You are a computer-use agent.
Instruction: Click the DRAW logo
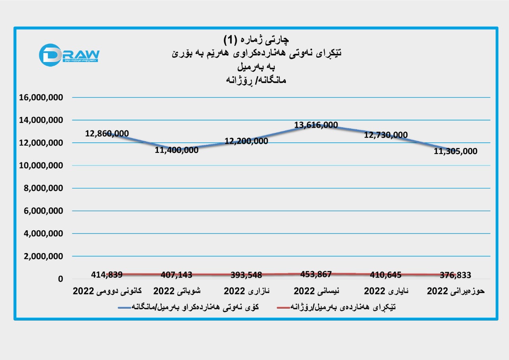click(69, 55)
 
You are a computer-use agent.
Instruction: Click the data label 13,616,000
click(316, 125)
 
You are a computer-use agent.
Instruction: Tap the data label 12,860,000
click(107, 133)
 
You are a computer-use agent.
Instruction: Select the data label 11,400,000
click(177, 150)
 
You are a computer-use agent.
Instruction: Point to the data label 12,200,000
click(246, 141)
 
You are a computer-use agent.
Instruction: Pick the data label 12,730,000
click(386, 135)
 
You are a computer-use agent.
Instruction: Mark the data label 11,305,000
click(456, 151)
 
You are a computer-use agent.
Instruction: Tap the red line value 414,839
click(107, 274)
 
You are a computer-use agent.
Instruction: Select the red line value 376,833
click(455, 274)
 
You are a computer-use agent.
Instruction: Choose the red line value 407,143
click(177, 274)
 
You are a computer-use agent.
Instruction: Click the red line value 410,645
click(385, 274)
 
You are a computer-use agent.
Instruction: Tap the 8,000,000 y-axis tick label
click(41, 188)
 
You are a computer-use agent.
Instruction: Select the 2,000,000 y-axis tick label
click(41, 257)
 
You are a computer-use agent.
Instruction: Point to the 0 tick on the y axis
click(60, 279)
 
